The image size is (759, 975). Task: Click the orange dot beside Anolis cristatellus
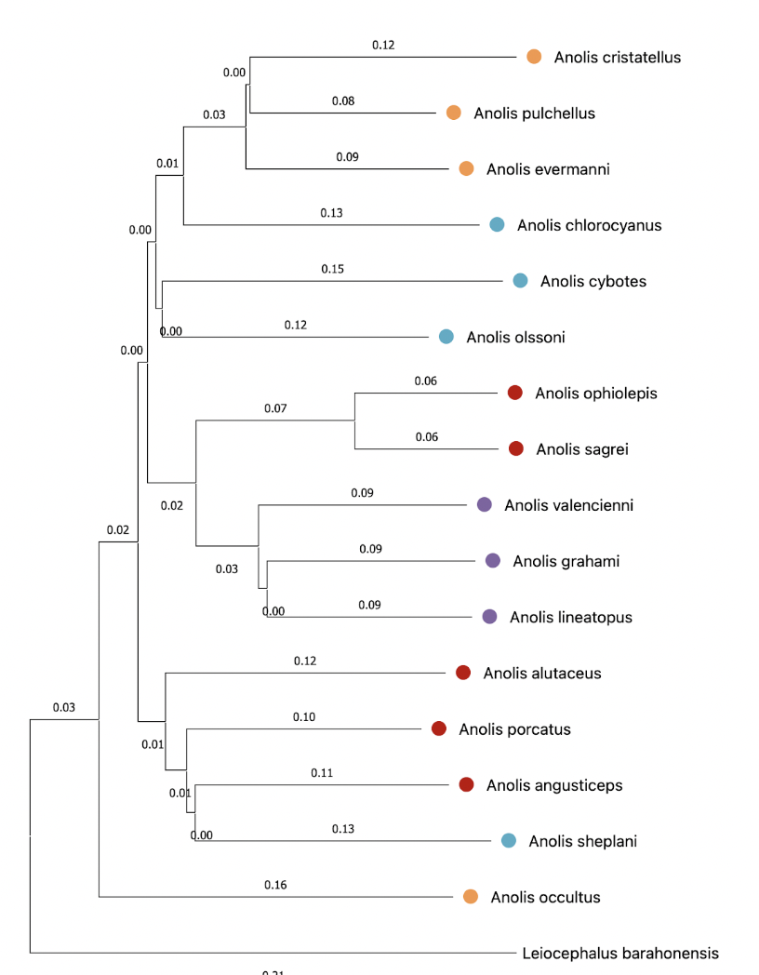tap(534, 57)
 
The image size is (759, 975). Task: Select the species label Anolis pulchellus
tap(534, 114)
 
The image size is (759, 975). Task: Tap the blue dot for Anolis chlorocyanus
tap(498, 224)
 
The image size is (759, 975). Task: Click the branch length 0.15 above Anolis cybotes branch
tap(332, 269)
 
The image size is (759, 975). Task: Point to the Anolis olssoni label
tap(515, 337)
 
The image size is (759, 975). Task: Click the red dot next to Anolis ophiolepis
tap(515, 393)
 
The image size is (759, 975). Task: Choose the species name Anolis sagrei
tap(582, 449)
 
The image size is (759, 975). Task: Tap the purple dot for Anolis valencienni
tap(485, 504)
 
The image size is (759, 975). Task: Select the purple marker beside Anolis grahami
tap(493, 560)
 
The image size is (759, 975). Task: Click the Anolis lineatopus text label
tap(570, 618)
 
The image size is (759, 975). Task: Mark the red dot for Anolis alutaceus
tap(463, 673)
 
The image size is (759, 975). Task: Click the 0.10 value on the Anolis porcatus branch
tap(304, 716)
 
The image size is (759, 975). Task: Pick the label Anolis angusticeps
tap(554, 785)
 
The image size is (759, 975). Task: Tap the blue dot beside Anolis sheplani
tap(509, 841)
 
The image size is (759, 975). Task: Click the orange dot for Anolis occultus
tap(471, 897)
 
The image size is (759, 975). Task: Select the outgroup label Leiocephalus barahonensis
tap(620, 954)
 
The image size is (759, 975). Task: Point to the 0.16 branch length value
tap(275, 884)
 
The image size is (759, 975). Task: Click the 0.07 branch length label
tap(275, 407)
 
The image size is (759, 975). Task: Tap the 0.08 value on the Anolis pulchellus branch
tap(343, 100)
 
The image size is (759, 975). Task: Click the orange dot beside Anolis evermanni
tap(467, 168)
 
